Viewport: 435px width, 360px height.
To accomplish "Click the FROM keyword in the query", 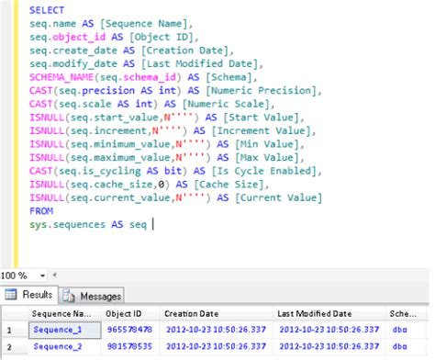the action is [x=39, y=209].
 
